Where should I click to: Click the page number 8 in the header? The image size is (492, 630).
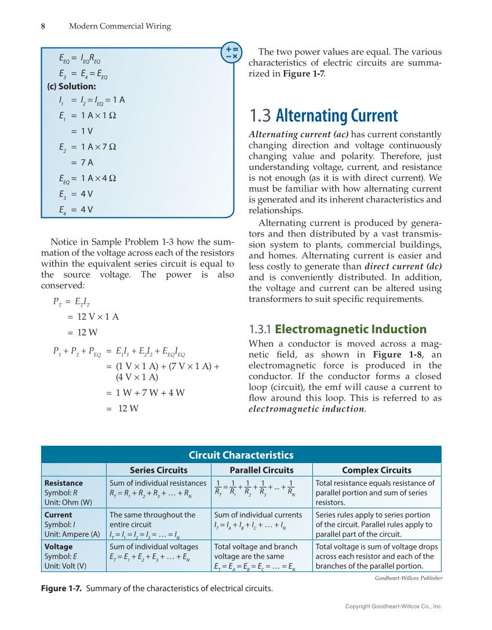pos(43,26)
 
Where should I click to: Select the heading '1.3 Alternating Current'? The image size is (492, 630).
pos(323,116)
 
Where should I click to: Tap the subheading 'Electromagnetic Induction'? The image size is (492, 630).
pos(350,329)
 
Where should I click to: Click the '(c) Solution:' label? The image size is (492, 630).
pos(71,86)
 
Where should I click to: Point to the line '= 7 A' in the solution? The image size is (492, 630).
pos(82,162)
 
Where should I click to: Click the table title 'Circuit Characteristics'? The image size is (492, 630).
pos(241,455)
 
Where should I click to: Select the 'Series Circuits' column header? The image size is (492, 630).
pos(158,470)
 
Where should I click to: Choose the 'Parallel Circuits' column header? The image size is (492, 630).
pos(261,470)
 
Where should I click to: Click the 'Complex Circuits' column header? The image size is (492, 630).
pos(376,470)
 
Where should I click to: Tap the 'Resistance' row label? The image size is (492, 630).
pos(63,483)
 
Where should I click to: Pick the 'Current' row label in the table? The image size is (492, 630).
pos(58,515)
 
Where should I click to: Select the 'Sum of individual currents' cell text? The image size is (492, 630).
pos(258,515)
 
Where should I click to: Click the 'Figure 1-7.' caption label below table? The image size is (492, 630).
pos(61,589)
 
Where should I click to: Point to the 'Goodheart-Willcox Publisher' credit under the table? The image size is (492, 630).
pos(408,578)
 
